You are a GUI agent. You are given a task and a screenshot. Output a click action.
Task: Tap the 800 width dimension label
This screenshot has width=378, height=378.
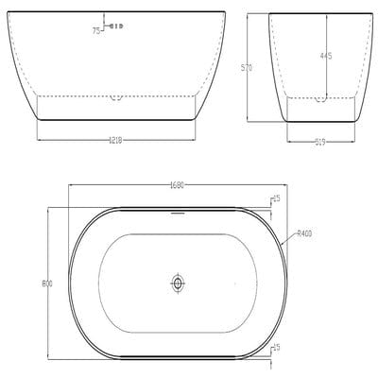(46, 283)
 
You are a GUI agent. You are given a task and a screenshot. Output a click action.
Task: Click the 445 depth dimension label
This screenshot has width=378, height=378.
(325, 57)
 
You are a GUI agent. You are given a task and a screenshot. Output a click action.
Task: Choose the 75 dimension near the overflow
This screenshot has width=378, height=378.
(96, 29)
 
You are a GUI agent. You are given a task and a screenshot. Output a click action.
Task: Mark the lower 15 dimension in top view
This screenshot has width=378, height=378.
(275, 348)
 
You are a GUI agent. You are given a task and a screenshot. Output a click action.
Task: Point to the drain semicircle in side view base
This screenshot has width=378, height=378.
(116, 96)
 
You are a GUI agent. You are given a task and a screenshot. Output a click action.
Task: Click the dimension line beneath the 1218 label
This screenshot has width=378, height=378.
(114, 145)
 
